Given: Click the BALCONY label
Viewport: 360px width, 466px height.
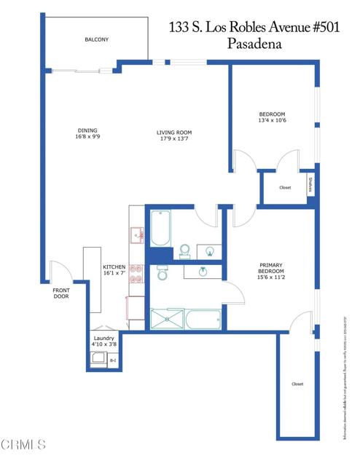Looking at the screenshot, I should point(95,39).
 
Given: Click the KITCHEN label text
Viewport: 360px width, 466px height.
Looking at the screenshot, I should point(114,269).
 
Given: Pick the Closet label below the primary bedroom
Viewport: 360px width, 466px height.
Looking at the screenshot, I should point(297,384).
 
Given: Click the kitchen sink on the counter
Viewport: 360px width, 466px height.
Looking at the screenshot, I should point(136,234).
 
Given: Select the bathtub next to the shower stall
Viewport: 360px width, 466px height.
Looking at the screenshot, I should point(202,319).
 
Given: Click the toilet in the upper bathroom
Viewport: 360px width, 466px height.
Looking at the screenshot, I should point(184,251).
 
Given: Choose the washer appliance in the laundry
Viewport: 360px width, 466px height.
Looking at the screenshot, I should point(97,359).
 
